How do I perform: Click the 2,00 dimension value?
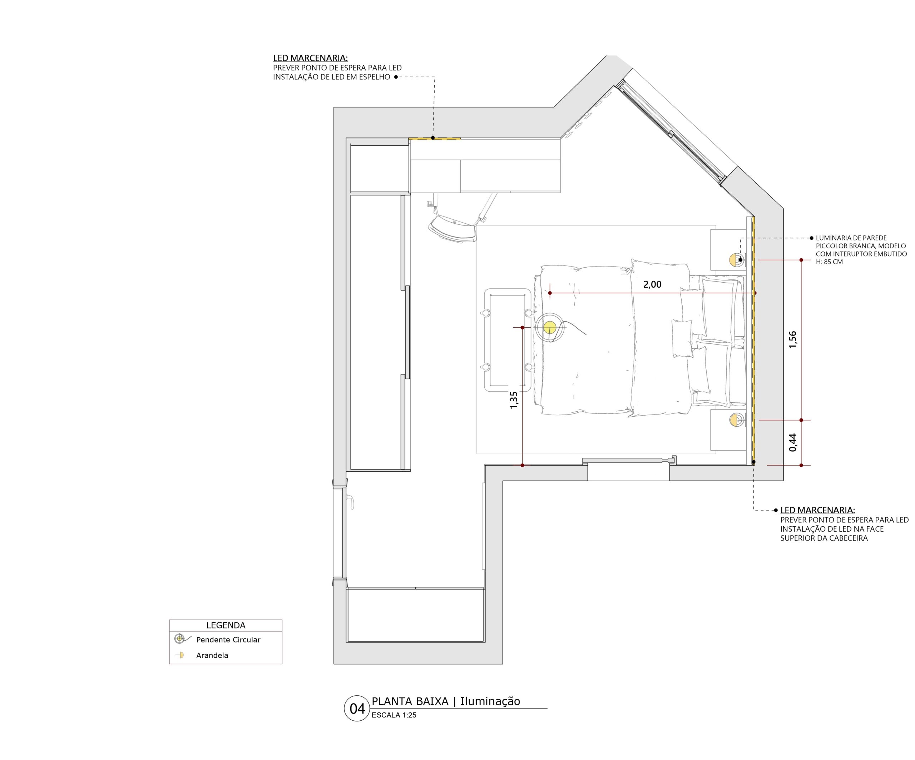coord(652,284)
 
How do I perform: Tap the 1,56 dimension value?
coord(792,340)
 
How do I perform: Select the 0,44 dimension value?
coord(792,442)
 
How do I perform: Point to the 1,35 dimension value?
coord(514,400)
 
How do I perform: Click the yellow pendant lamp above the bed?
coord(550,328)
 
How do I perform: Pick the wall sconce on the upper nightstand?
coord(736,260)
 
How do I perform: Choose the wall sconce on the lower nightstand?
coord(736,420)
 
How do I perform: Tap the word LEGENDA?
coord(226,625)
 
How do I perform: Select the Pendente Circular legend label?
coord(228,640)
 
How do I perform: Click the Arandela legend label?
coord(212,655)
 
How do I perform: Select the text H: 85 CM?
coord(829,262)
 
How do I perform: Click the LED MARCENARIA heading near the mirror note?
coord(310,58)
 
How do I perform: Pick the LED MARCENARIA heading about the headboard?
coord(817,510)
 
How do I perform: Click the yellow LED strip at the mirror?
coord(434,139)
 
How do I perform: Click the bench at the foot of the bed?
coord(508,340)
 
